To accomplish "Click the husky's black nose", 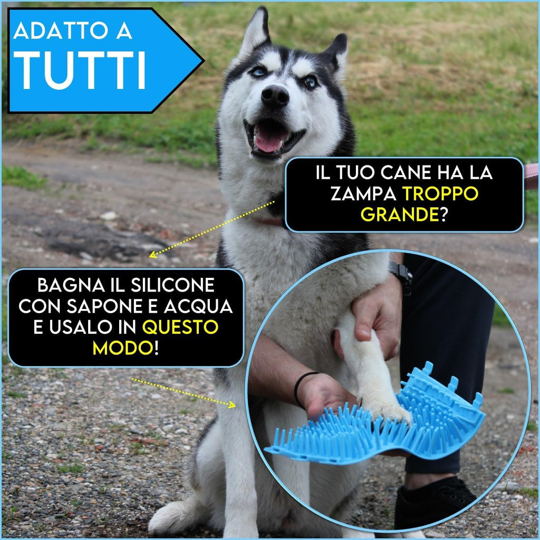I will (x=275, y=96).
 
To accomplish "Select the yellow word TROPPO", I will (x=440, y=194).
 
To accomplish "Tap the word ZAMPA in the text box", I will (x=363, y=194).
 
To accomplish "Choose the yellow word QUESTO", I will (x=180, y=327).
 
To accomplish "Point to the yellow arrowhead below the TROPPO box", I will (x=152, y=255).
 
